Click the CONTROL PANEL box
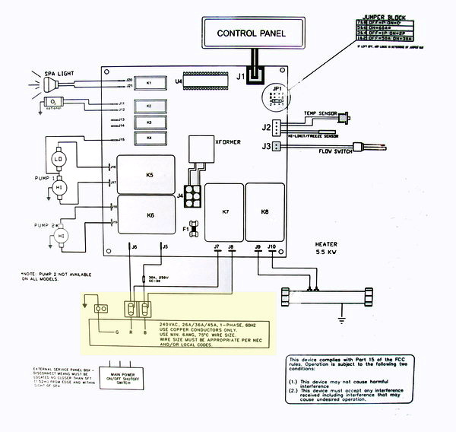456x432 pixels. pos(250,33)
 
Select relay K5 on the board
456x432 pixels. pos(150,175)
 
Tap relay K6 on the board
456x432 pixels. pos(150,215)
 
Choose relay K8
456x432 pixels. pos(264,211)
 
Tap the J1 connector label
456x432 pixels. pos(239,76)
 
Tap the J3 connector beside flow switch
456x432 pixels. pos(266,147)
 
